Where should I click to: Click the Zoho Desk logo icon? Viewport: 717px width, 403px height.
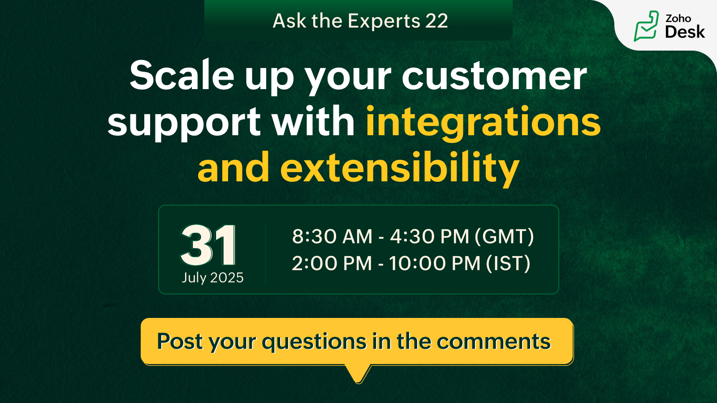[x=646, y=26]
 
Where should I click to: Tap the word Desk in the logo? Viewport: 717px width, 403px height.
[x=685, y=32]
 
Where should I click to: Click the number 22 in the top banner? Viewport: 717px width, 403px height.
[x=436, y=21]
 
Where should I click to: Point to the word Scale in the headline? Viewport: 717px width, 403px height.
[x=182, y=76]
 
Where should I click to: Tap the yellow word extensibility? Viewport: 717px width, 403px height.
[x=399, y=168]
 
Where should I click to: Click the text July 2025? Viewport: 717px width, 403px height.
[x=212, y=278]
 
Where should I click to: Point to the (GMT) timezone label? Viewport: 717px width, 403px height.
[x=504, y=237]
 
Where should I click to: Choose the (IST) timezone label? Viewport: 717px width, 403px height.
[x=508, y=264]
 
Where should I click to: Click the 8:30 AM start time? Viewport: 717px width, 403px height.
[x=332, y=236]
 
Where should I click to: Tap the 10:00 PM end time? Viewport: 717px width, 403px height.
[x=435, y=263]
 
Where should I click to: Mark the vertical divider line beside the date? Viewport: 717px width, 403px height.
[x=265, y=254]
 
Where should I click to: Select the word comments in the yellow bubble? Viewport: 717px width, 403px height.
[x=494, y=342]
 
